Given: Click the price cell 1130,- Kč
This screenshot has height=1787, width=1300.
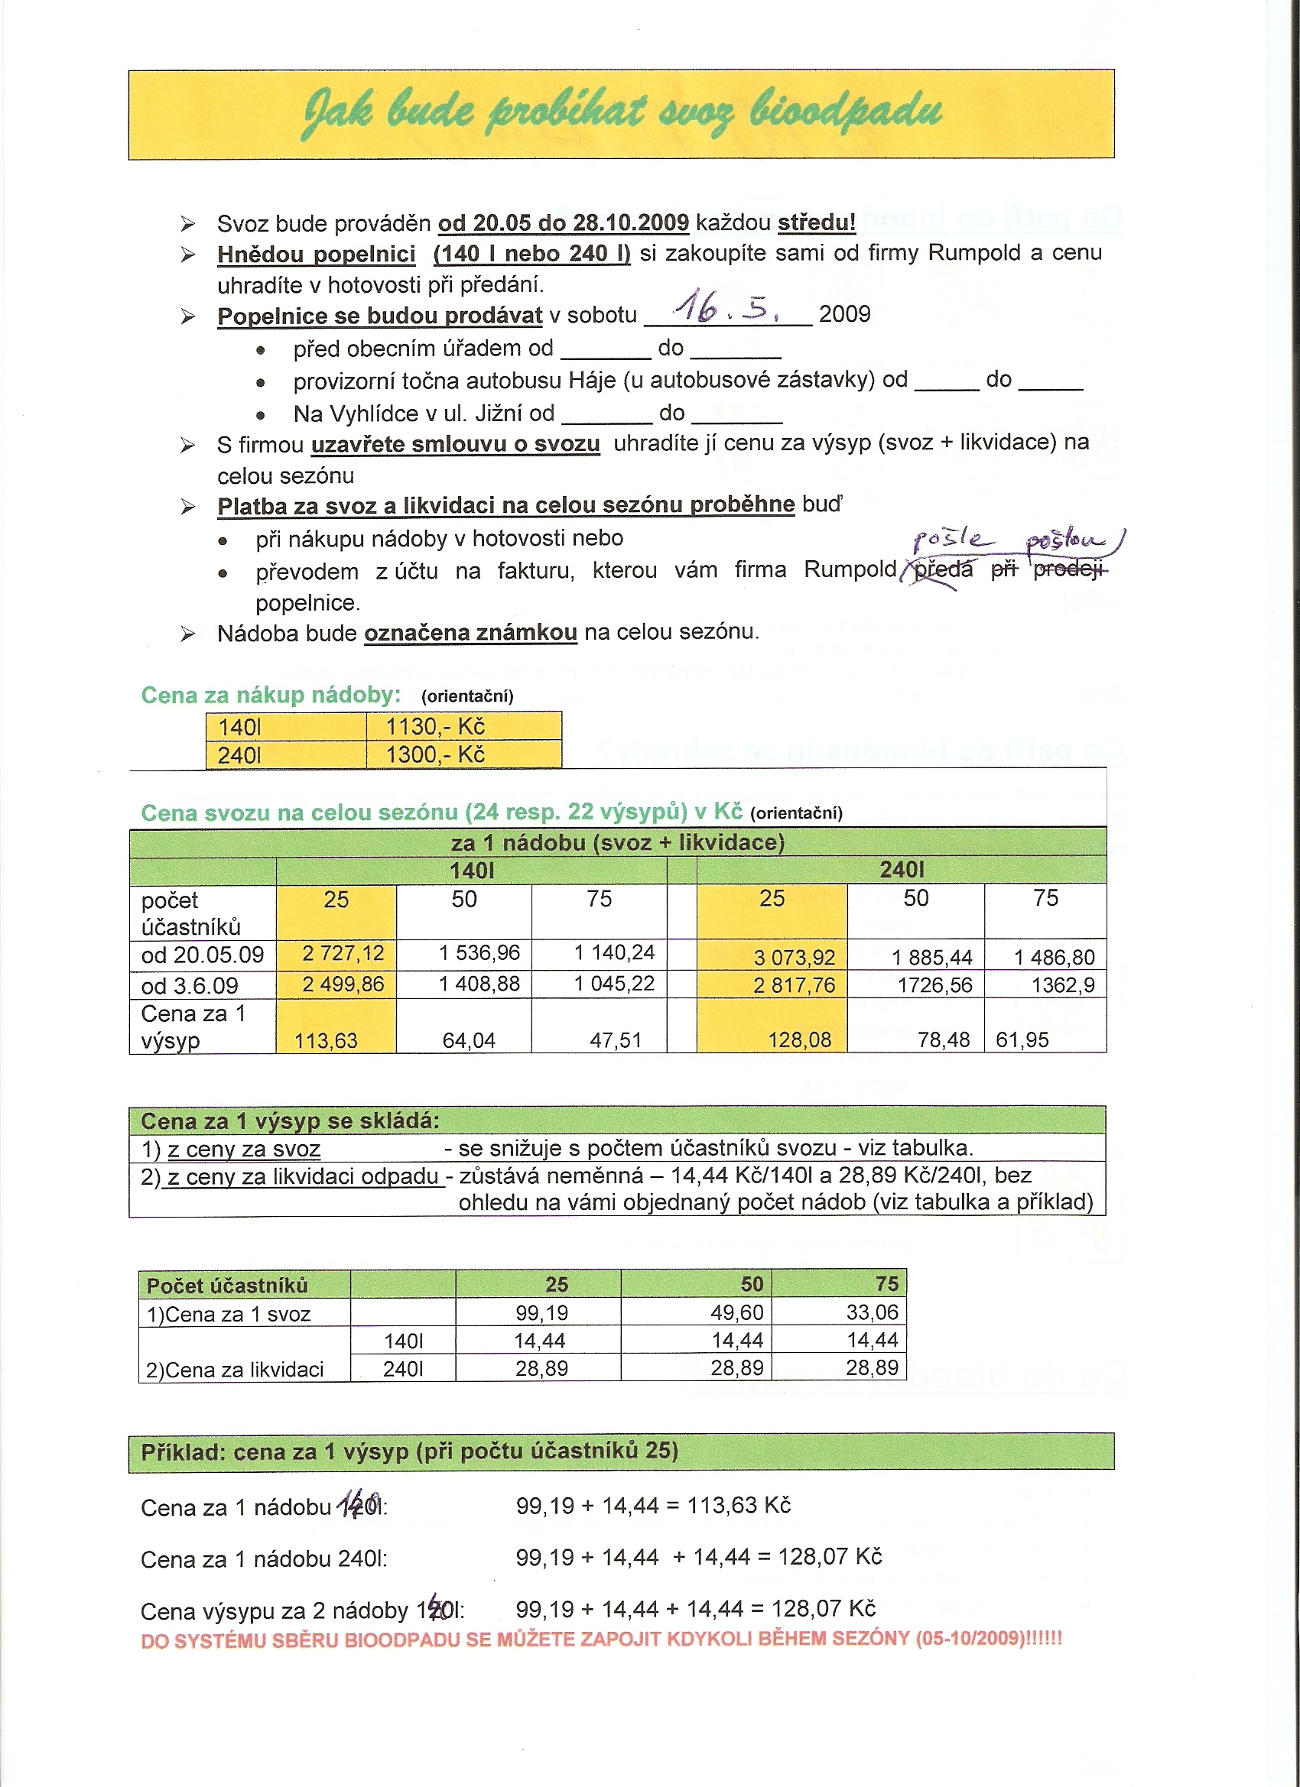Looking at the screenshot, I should (435, 725).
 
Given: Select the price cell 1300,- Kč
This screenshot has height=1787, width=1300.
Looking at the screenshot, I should (435, 755).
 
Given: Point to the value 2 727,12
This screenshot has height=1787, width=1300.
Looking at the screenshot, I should (343, 953).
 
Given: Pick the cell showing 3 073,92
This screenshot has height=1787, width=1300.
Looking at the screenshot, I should (794, 957).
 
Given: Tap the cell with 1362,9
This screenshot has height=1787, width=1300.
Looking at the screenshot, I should (1063, 985).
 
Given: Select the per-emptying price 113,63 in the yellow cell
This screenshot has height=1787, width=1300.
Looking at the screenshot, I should (326, 1041).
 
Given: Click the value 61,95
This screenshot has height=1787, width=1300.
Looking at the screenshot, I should (1022, 1040).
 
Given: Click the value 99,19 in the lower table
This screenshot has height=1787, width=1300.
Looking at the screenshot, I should (541, 1312).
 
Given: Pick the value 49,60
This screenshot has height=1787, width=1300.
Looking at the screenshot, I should (737, 1312).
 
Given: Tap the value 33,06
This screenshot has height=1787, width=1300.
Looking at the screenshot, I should (872, 1312).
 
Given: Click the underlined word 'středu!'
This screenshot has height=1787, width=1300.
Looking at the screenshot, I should (816, 223).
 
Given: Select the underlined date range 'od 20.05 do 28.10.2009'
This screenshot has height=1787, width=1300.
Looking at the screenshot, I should (563, 223).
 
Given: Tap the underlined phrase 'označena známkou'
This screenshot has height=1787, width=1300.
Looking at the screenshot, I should (470, 633).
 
